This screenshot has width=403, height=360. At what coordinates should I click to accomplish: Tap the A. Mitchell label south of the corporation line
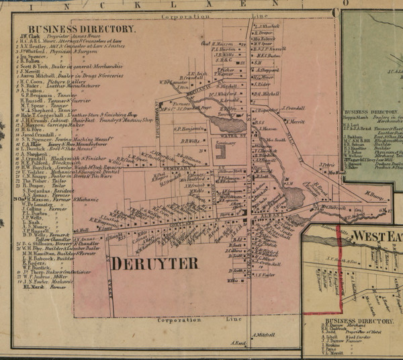pyautogui.click(x=265, y=334)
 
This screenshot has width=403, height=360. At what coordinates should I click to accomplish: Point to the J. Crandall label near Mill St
pyautogui.click(x=293, y=107)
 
